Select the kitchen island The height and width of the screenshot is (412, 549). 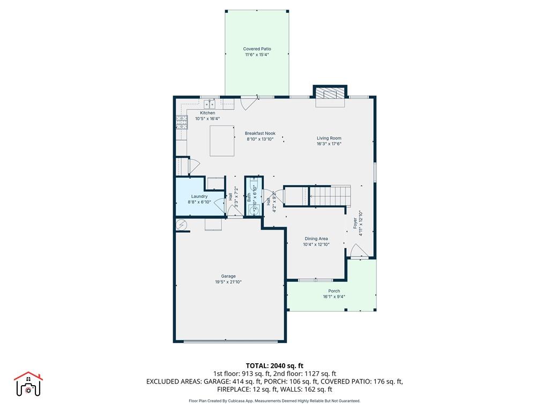[222, 141]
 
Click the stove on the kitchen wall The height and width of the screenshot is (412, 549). [181, 123]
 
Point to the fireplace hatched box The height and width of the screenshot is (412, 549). [328, 94]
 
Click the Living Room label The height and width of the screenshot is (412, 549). [329, 138]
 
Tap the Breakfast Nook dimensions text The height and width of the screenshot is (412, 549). [260, 139]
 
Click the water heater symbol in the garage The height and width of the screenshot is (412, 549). [181, 224]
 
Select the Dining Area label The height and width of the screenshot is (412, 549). [316, 239]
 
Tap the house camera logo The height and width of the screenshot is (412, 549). [28, 384]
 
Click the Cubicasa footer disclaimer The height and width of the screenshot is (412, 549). [274, 401]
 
